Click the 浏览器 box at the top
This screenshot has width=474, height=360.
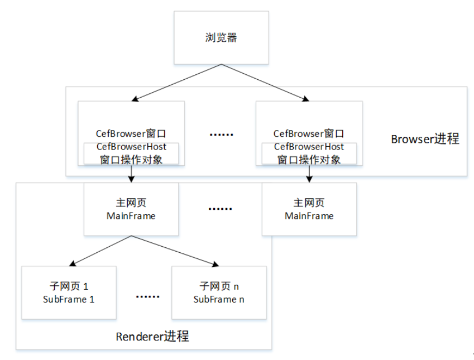coord(221,38)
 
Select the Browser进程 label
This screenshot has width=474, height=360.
coord(425,139)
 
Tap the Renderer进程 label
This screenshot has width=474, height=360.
coord(152,337)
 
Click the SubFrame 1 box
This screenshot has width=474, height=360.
coord(69,292)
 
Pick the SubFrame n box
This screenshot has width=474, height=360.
coord(219,292)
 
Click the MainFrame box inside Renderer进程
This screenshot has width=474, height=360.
coord(131,209)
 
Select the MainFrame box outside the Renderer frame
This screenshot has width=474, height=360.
coord(309,209)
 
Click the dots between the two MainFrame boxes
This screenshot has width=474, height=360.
coord(220,209)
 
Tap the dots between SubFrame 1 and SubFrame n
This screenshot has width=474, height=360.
coord(147,296)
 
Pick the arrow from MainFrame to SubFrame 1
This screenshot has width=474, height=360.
coord(100,251)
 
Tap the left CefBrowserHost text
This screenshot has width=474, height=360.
coord(131,147)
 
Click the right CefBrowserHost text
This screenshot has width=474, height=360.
coord(309,147)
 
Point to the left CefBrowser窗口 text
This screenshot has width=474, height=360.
coord(131,135)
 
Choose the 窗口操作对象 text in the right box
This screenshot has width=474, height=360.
coord(309,159)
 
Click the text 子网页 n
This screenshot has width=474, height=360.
coord(219,286)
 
